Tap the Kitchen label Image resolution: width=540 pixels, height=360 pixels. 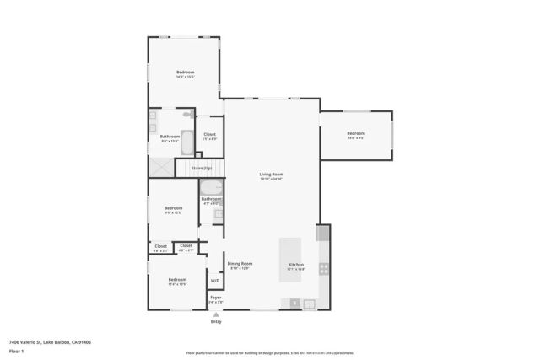coord(296,266)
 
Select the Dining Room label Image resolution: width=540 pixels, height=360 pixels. coord(240,266)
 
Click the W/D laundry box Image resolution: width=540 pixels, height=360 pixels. coord(215,281)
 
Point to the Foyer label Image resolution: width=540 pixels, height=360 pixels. coord(216,298)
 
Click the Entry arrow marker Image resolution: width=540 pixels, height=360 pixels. coord(216,314)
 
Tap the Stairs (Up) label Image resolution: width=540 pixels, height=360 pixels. coord(202,168)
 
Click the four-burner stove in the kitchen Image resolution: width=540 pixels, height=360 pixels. coord(323,270)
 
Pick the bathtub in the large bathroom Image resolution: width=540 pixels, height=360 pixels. coord(187,139)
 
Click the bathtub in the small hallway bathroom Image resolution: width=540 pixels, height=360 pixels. coord(212,187)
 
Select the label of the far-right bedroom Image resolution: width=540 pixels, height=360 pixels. coord(355,135)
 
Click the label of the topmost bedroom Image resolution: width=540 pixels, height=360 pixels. coord(185,73)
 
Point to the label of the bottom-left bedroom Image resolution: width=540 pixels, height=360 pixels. coord(177,282)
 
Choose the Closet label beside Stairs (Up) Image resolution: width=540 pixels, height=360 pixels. coord(209,136)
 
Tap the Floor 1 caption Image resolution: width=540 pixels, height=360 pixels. coord(16,350)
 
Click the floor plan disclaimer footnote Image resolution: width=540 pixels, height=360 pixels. coord(269,352)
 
